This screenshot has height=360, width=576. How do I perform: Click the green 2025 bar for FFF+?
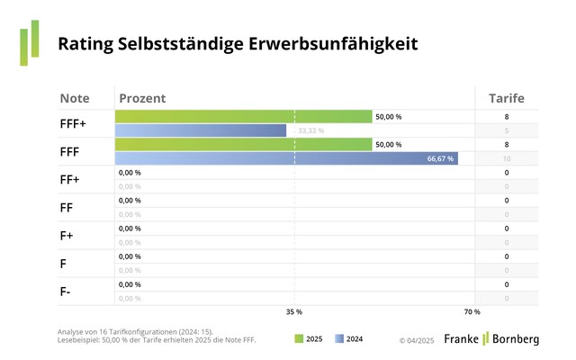243,116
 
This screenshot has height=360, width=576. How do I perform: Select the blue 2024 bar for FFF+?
201,130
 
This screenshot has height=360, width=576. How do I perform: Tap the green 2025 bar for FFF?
243,144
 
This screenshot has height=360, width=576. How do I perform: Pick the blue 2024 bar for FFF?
286,158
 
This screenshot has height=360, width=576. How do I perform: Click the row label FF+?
70,179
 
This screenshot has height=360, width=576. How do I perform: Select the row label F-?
65,291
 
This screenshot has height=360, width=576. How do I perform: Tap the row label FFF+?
73,123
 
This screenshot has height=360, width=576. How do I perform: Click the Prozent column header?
142,97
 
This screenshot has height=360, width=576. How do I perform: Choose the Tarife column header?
506,97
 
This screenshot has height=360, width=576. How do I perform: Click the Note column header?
75,97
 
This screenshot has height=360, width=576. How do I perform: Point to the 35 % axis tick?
293,311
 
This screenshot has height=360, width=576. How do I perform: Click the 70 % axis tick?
472,311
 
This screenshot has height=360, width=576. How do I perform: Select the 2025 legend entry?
309,339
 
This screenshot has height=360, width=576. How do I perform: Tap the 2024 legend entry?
347,339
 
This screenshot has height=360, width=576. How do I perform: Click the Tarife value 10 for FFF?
506,158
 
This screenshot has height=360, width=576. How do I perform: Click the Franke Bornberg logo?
490,338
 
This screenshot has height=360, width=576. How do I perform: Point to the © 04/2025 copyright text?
417,340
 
